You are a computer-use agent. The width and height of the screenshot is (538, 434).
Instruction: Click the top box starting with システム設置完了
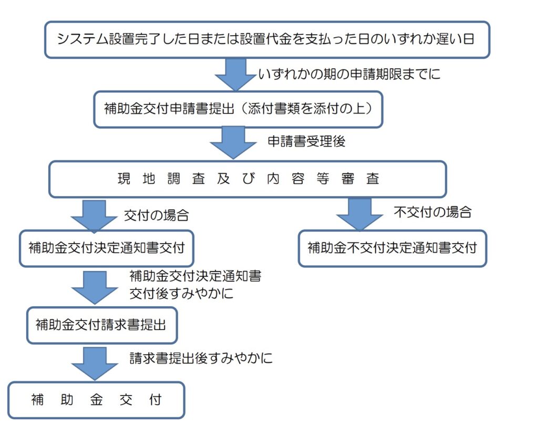click(x=267, y=39)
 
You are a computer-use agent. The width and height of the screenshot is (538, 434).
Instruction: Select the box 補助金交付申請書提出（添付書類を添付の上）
click(x=238, y=110)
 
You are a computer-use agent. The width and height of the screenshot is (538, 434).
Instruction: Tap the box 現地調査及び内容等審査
click(x=247, y=179)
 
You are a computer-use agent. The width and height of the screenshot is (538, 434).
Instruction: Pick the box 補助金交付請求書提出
click(x=101, y=325)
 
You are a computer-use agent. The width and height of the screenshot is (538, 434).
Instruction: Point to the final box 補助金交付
click(x=96, y=400)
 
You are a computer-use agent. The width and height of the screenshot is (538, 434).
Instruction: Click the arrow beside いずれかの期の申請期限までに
click(x=235, y=74)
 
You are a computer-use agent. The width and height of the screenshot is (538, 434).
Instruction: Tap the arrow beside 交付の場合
click(x=95, y=214)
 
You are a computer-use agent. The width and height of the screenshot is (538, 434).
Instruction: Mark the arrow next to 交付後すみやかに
click(x=95, y=287)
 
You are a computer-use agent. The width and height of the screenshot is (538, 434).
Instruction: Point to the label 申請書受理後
click(x=306, y=142)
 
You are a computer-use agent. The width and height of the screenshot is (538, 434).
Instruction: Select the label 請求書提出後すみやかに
click(x=201, y=359)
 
